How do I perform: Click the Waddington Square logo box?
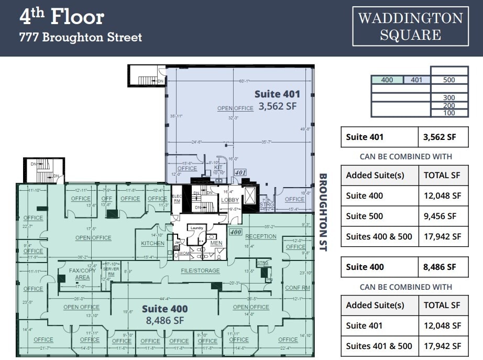pos(410,26)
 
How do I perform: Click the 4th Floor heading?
pos(62,17)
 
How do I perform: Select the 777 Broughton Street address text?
pos(81,38)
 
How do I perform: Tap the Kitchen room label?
pos(153,243)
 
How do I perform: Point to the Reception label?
pos(260,236)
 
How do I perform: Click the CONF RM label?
pos(298,288)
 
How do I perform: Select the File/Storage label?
pos(200,270)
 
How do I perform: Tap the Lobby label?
pos(230,200)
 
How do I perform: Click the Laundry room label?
pos(196,228)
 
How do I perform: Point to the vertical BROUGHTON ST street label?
pos(323,212)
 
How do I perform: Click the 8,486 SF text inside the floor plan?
pos(164,320)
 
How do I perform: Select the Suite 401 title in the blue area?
pos(277,94)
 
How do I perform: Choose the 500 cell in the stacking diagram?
pos(449,80)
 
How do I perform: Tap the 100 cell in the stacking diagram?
pos(449,113)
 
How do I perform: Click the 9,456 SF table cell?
pos(442,216)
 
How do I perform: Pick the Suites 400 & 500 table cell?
pos(379,236)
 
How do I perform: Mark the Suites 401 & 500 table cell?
pos(379,346)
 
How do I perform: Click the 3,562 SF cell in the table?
pos(442,137)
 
